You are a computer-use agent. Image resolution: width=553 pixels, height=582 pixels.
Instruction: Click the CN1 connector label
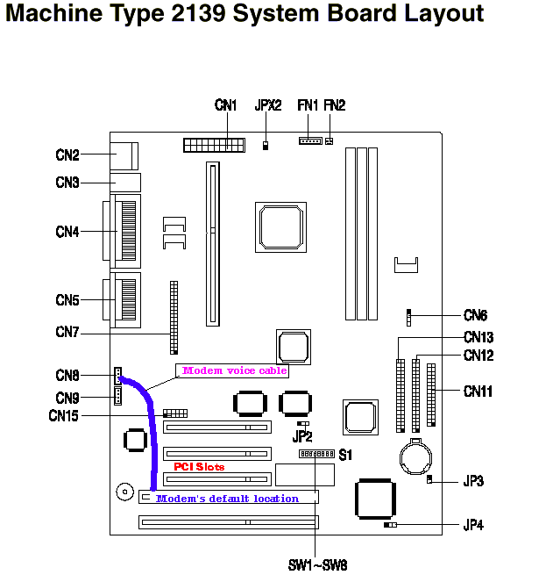(x=226, y=105)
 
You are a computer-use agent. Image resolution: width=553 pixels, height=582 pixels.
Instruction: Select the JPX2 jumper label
(x=267, y=105)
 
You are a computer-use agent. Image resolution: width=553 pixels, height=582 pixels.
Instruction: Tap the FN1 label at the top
(x=308, y=105)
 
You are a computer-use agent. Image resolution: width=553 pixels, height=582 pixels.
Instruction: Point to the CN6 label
(x=476, y=315)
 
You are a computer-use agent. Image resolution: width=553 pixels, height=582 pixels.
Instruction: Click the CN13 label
(x=479, y=337)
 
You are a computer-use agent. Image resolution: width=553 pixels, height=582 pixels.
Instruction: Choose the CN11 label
(x=479, y=392)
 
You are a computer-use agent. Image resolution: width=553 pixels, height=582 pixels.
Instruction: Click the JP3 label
(x=474, y=481)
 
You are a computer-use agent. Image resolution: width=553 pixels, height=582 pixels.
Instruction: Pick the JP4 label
(x=474, y=526)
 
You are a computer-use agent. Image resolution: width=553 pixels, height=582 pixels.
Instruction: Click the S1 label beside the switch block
(x=345, y=455)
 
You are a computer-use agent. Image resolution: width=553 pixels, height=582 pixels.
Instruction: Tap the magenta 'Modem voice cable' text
(x=233, y=370)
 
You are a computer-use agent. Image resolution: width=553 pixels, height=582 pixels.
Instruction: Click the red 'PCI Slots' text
(x=199, y=467)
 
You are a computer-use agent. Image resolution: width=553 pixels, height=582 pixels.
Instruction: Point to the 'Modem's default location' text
(x=227, y=499)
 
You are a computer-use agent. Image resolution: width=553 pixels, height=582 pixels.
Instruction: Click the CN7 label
(x=67, y=332)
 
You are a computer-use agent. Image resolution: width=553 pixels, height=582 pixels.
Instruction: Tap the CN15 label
(x=63, y=415)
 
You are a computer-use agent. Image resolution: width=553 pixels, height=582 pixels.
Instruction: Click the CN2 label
(x=67, y=155)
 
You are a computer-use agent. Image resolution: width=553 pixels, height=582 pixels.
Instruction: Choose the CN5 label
(x=67, y=300)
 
